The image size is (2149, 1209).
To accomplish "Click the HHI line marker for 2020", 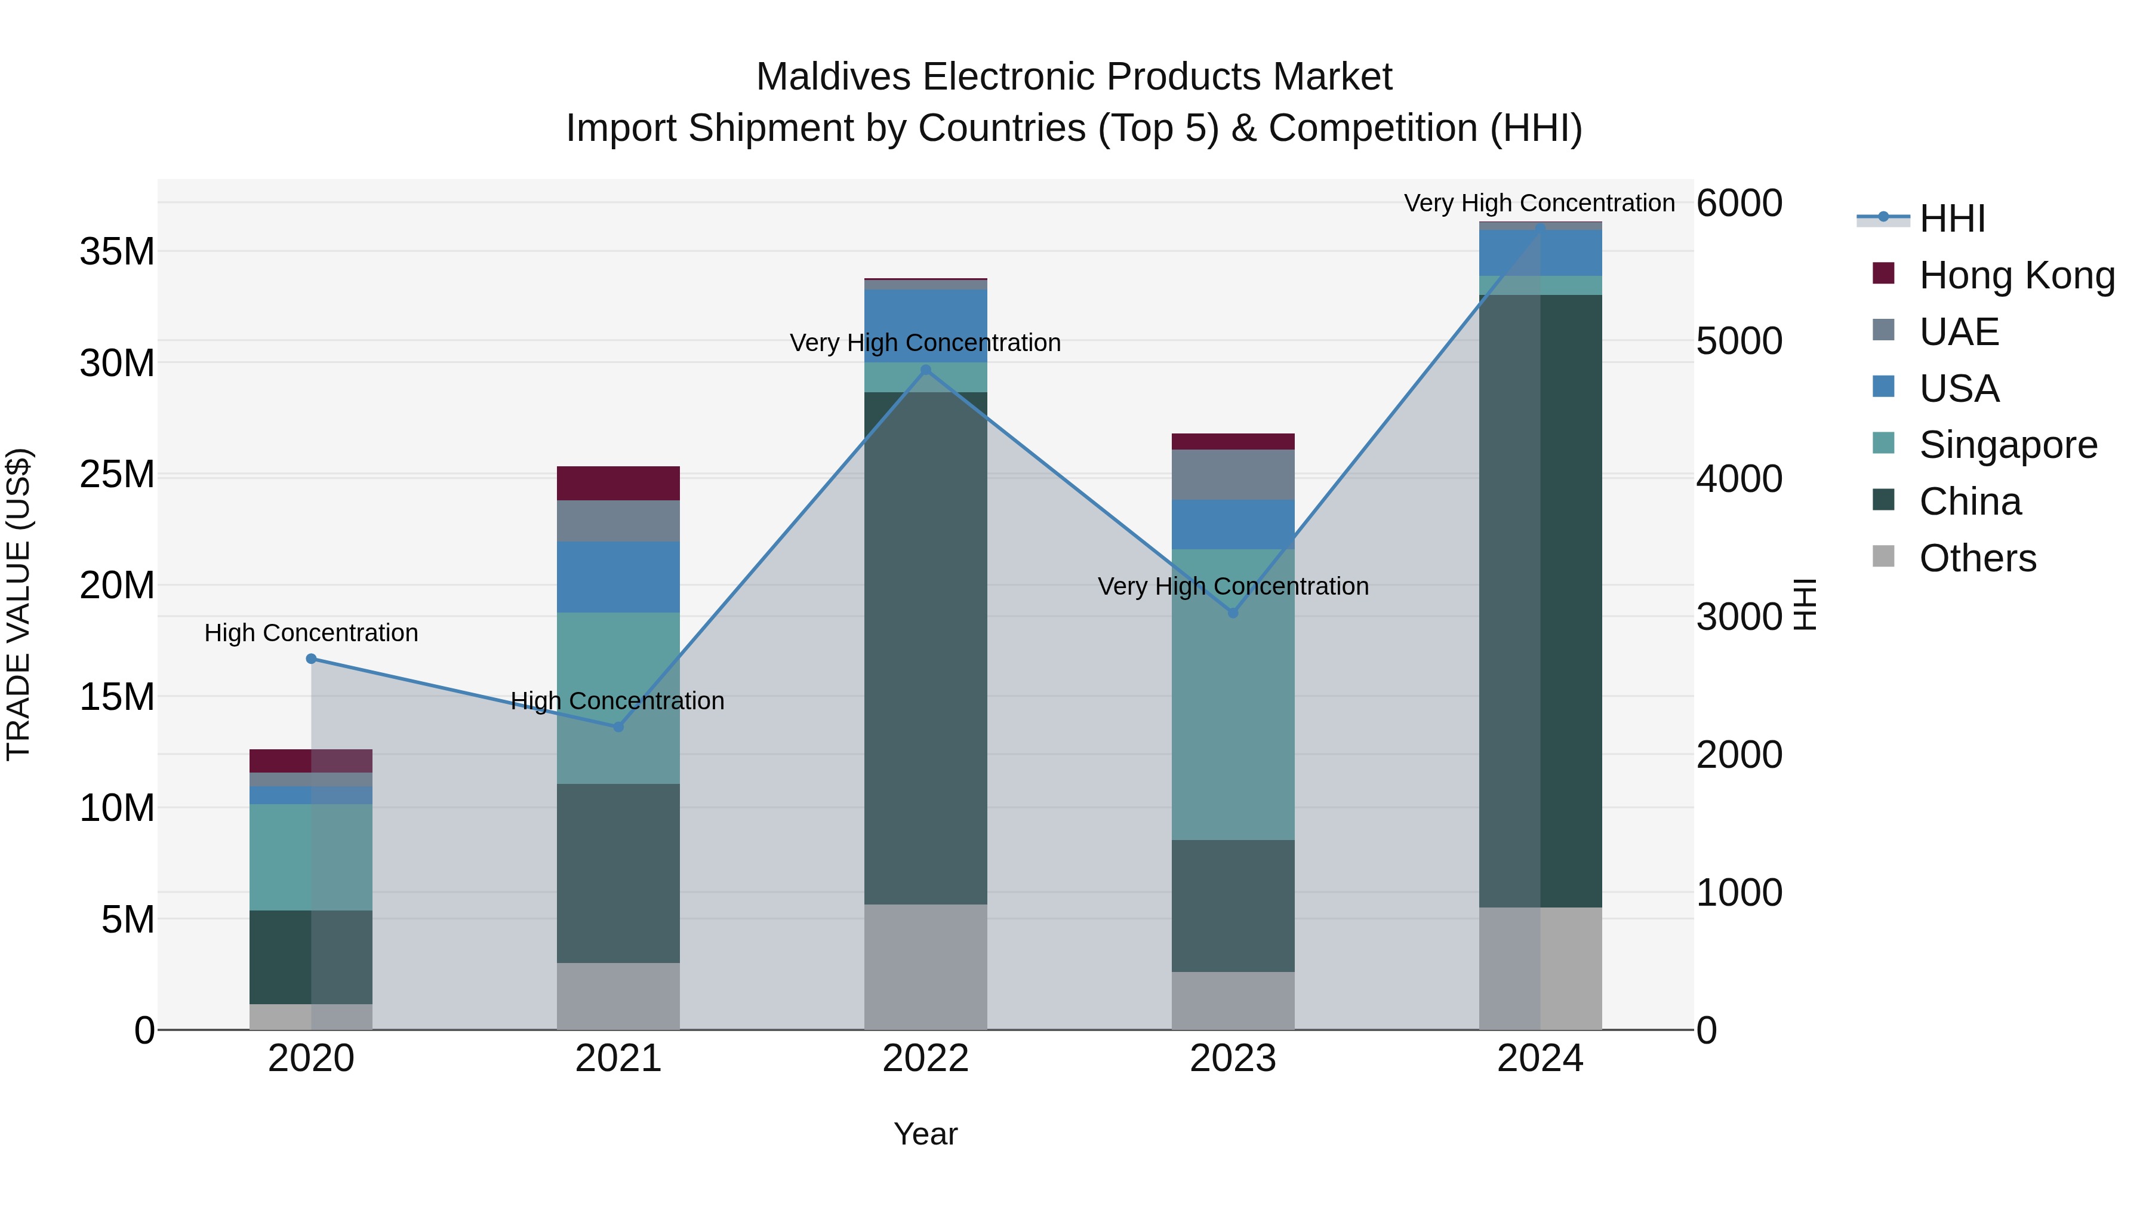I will [311, 659].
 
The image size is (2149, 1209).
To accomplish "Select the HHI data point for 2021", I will [618, 727].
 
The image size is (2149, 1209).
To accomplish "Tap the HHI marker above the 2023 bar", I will [1233, 613].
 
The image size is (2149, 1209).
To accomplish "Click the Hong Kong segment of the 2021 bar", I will [618, 483].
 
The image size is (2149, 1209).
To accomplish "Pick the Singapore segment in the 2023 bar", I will [1233, 694].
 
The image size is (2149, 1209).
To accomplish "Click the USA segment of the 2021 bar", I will [618, 577].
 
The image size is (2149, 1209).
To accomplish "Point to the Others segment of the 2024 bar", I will [1540, 968].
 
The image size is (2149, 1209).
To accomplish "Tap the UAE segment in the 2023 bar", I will [1233, 474].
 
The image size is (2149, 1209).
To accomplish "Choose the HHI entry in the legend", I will [1951, 219].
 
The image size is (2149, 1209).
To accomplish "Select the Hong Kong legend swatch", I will [1884, 273].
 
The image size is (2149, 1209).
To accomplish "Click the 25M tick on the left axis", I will [117, 474].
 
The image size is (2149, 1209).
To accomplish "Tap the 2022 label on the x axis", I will [925, 1059].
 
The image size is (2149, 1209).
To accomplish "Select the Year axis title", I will [925, 1134].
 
